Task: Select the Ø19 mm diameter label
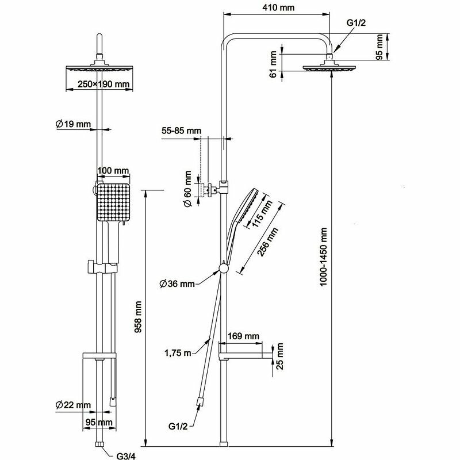point(74,124)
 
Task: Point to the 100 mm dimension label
point(113,171)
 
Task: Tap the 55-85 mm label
point(181,131)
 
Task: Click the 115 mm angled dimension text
point(260,212)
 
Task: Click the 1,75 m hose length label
point(178,352)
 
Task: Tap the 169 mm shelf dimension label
point(243,336)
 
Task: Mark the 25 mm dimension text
point(280,358)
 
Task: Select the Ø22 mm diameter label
point(73,405)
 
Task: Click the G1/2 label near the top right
point(357,22)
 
